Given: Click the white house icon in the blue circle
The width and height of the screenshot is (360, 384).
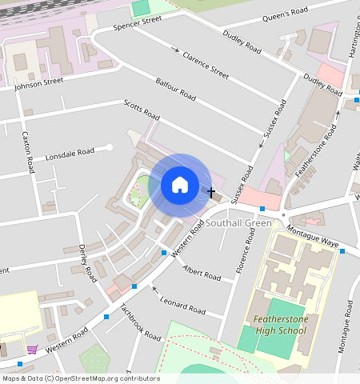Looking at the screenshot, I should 180,186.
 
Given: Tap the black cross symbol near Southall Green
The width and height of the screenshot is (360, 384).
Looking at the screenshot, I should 211,192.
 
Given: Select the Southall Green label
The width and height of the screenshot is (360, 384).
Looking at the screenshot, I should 238,223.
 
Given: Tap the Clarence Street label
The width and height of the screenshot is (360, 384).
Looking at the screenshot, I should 206,65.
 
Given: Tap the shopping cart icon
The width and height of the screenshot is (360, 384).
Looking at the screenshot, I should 32,349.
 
